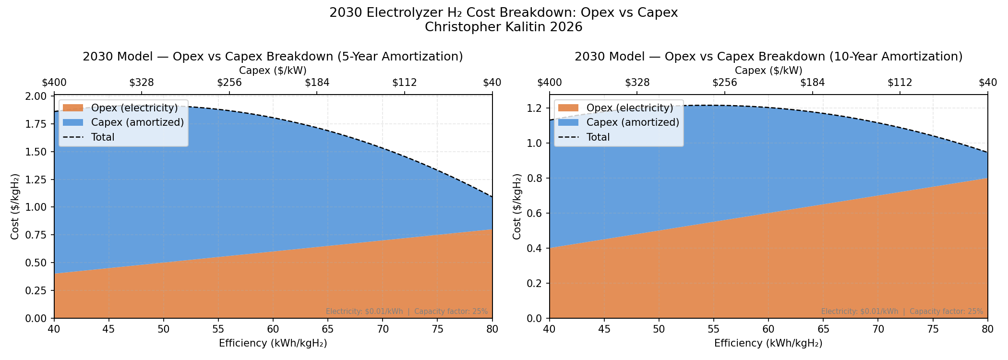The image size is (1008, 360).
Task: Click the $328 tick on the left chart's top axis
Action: click(142, 83)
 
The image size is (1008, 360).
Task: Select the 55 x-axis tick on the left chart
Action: click(218, 329)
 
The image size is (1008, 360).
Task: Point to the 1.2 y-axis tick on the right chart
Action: click(535, 108)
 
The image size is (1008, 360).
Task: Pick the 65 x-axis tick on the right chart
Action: click(823, 329)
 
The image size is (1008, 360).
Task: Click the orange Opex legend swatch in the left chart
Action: click(73, 108)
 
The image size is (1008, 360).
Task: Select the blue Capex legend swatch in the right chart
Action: click(568, 122)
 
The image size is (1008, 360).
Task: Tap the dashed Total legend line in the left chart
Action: click(73, 137)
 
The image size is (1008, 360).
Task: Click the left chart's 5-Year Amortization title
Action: click(273, 57)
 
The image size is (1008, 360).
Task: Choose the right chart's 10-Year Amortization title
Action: click(768, 57)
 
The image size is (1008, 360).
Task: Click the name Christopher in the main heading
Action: click(463, 27)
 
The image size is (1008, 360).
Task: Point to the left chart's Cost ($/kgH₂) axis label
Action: click(15, 206)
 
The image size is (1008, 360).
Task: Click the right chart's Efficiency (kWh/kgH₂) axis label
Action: click(768, 343)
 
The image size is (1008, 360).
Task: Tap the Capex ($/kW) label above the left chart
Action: click(273, 71)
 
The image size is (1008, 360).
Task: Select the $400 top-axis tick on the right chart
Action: click(550, 83)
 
